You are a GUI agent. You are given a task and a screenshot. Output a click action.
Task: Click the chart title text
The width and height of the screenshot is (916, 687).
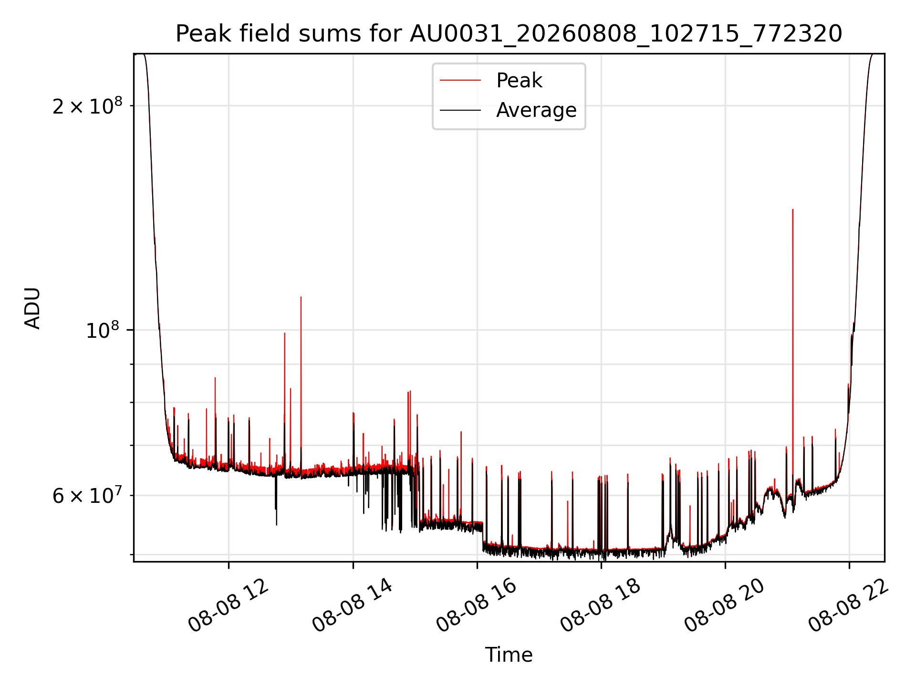tap(509, 34)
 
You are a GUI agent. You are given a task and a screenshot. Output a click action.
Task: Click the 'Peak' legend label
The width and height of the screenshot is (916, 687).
tap(519, 81)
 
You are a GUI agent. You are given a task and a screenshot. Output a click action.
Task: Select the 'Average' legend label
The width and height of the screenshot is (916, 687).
tap(536, 110)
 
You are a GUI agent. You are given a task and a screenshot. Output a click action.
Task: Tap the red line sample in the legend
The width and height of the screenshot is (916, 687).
tap(460, 81)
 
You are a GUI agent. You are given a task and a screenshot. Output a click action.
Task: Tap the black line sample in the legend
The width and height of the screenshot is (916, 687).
tap(460, 110)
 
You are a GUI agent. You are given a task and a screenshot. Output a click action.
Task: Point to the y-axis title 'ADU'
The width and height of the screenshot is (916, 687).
tap(32, 308)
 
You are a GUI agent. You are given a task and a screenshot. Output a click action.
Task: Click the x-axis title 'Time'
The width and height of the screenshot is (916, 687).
tap(509, 655)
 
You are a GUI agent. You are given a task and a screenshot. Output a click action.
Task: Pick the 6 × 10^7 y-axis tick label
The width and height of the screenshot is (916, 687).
tap(87, 495)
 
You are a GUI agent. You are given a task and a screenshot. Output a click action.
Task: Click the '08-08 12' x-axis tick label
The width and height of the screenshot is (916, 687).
tap(229, 605)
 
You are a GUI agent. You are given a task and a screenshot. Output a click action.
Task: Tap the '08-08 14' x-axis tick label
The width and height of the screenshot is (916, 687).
tap(353, 605)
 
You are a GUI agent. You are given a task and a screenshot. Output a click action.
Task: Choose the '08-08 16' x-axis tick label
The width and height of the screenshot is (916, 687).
tap(477, 605)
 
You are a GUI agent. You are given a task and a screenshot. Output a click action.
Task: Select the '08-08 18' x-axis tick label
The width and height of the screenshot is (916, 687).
tap(601, 605)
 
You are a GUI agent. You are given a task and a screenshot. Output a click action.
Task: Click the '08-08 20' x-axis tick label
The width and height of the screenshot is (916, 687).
tap(725, 605)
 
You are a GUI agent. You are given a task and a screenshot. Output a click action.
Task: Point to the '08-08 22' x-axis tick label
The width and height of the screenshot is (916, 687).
tap(849, 605)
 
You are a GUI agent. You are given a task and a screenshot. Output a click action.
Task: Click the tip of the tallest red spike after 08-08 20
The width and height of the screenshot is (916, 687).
tap(792, 209)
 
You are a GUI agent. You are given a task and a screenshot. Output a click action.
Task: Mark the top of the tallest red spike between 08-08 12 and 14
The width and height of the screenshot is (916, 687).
tap(301, 297)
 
